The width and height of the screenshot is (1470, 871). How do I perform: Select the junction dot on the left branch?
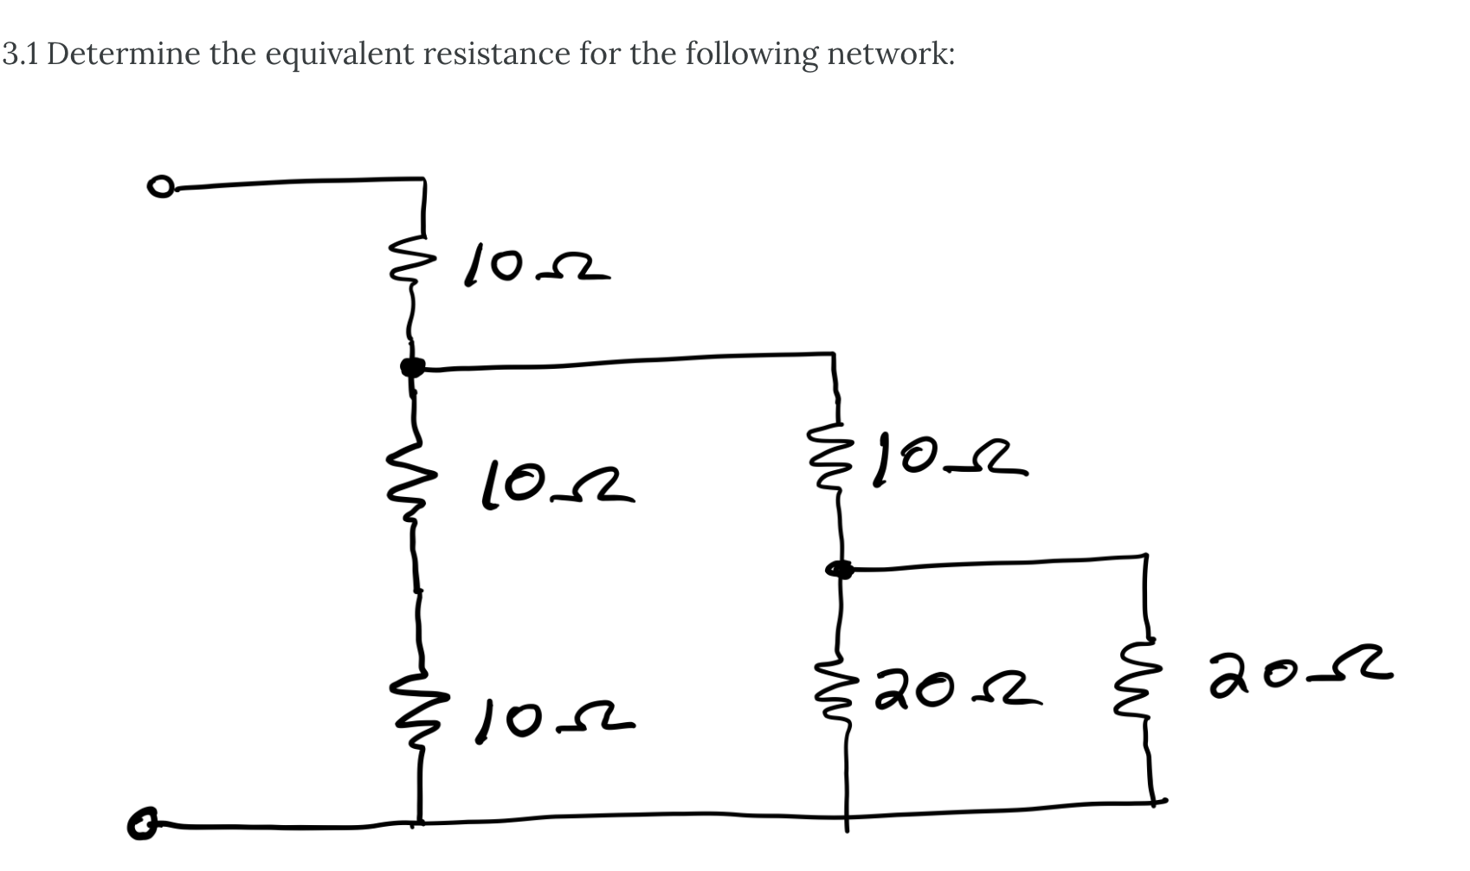pyautogui.click(x=413, y=368)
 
